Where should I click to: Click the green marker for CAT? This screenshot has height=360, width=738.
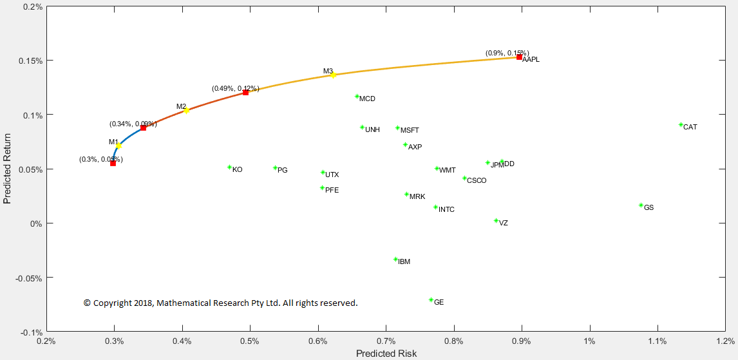[681, 125]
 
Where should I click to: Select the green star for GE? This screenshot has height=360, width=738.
[431, 300]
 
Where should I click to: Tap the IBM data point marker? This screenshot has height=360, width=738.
[395, 260]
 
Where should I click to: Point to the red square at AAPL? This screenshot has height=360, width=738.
[519, 57]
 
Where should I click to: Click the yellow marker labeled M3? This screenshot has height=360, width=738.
[333, 75]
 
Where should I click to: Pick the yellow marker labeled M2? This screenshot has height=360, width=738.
[186, 111]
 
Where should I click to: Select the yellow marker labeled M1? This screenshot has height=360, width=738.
[118, 146]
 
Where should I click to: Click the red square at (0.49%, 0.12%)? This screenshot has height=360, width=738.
[245, 93]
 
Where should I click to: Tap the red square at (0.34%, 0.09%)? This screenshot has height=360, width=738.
[143, 128]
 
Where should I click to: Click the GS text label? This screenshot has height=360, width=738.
[648, 208]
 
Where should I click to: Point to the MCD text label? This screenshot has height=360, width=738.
[367, 99]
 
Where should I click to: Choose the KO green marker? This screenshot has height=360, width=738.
[229, 167]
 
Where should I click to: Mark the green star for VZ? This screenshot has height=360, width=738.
[496, 221]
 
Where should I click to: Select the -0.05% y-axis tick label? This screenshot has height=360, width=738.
[28, 278]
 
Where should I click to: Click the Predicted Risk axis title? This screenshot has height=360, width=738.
[386, 354]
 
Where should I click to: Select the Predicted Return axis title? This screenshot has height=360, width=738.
[8, 169]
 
